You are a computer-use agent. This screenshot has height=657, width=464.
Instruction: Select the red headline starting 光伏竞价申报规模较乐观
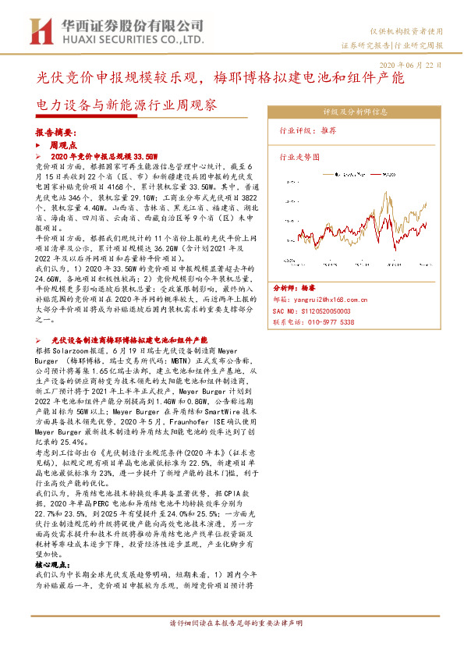219,79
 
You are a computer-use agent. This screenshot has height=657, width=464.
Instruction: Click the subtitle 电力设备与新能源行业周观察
126,105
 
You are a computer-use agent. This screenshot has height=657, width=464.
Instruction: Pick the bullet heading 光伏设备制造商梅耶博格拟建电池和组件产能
129,341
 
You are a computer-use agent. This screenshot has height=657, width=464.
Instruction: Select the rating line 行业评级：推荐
307,131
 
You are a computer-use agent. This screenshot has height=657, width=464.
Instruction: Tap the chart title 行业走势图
299,158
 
